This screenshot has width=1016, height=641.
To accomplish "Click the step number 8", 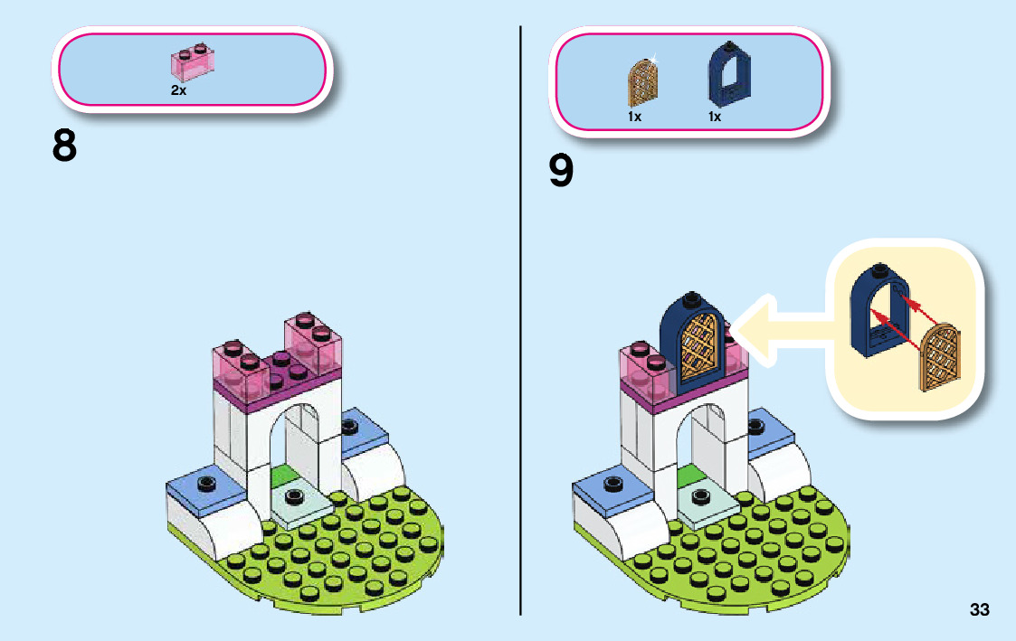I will tap(64, 146).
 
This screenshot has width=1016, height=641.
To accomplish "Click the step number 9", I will tap(561, 171).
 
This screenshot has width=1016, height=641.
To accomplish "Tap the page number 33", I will tap(979, 610).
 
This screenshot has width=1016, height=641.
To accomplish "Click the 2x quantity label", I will tap(178, 90).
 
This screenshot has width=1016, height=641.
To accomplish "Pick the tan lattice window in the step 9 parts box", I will tap(642, 80).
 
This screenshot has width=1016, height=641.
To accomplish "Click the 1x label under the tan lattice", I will tap(634, 117).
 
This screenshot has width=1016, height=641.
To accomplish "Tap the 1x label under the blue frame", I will tap(715, 117).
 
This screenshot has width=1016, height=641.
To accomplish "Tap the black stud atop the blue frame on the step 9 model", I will tap(690, 298).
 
